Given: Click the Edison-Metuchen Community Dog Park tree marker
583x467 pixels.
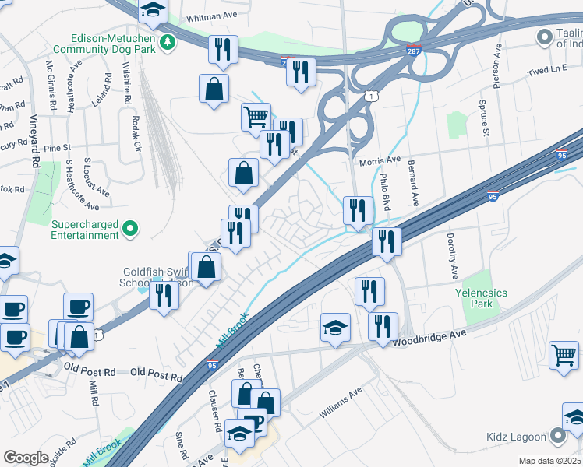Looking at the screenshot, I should [167, 40].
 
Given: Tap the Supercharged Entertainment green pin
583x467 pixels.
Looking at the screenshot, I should [131, 228].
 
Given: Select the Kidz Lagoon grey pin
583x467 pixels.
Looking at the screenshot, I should [557, 436].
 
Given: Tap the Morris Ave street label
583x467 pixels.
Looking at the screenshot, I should [380, 161].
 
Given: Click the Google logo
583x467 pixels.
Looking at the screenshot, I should [26, 458].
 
